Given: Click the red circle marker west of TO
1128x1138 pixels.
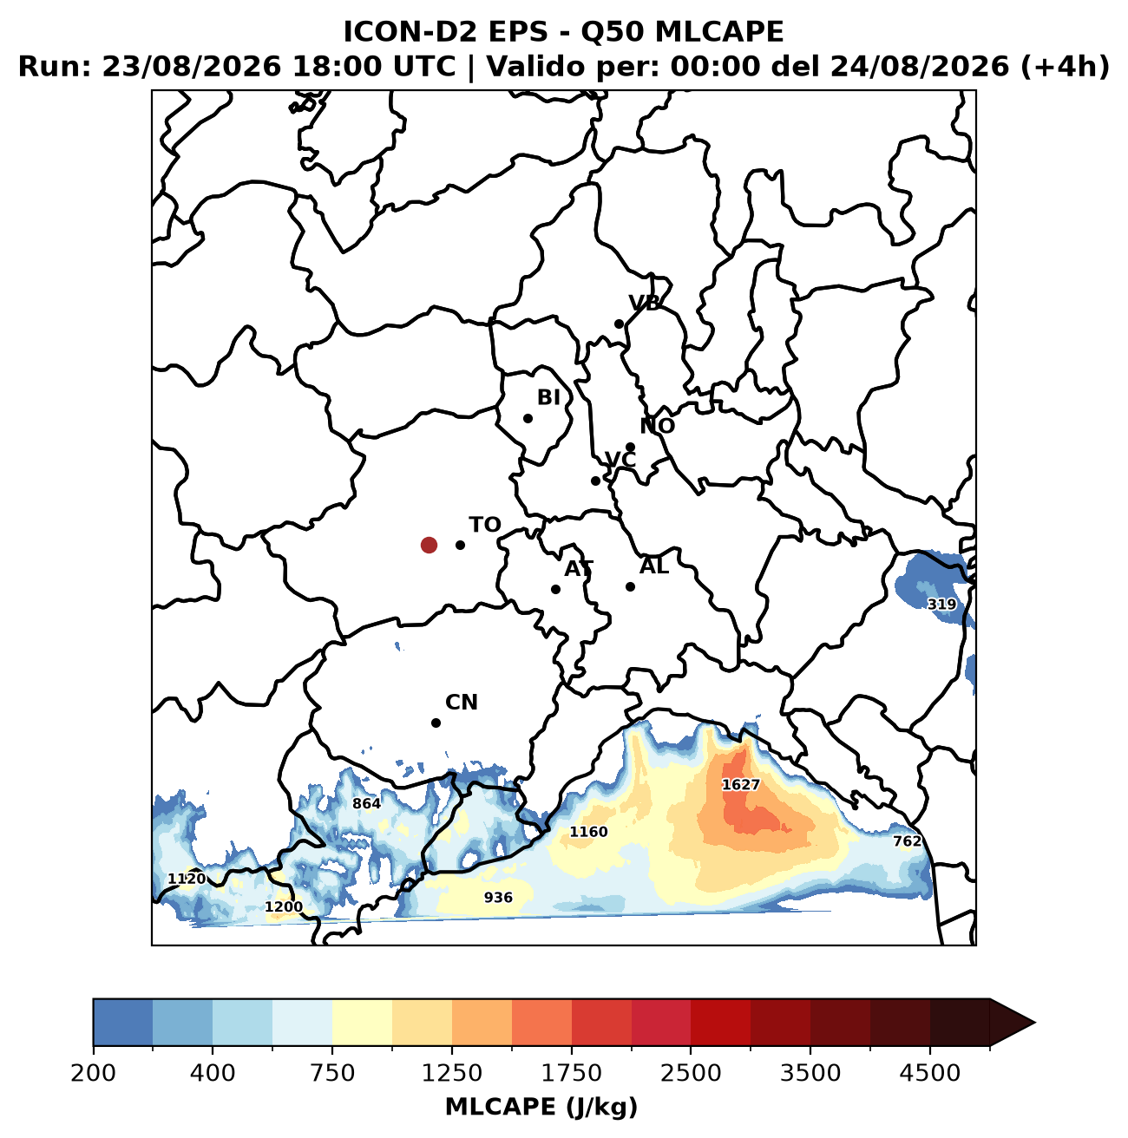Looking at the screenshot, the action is [429, 545].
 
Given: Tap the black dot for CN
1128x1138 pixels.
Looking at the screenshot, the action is [436, 723].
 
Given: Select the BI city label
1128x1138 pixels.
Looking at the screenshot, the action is [548, 397].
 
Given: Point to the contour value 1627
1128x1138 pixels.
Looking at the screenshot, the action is [740, 784].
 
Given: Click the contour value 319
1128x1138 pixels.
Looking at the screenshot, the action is [941, 605].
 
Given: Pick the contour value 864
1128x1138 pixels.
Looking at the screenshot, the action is [366, 803].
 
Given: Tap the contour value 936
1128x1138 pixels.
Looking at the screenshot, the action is [498, 898].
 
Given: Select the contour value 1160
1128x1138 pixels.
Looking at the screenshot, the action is [588, 832].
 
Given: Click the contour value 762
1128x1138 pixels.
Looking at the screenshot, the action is [907, 841].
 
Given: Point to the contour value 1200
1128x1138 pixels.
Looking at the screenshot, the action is [284, 907].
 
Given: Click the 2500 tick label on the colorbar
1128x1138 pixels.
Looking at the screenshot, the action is [691, 1072].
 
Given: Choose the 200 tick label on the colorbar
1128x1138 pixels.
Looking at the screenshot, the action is [94, 1072].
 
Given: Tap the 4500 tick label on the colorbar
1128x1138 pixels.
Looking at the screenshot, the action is [930, 1072].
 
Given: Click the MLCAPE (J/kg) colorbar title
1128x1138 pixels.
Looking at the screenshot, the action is [541, 1107].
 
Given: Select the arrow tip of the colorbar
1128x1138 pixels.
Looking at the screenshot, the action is [1034, 1023].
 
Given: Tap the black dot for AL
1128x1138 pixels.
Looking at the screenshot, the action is [631, 586].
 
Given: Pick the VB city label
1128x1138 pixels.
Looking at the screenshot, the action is [644, 303].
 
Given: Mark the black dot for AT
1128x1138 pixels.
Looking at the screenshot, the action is [555, 589].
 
